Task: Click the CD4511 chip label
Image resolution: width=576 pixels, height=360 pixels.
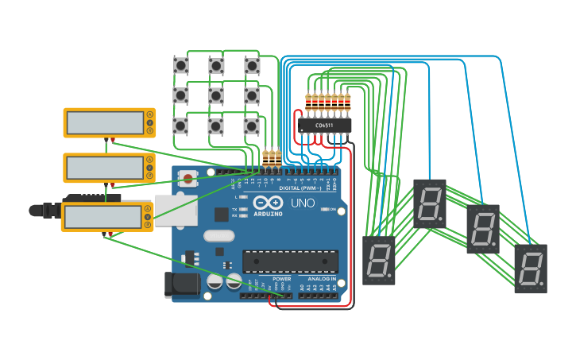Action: (325, 125)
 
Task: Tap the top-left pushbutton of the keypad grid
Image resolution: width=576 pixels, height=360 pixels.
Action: (181, 65)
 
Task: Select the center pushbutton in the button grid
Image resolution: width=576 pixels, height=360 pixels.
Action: (216, 95)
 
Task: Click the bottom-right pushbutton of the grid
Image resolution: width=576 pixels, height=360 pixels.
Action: (251, 126)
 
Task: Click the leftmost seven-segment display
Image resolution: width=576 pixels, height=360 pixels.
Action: (379, 259)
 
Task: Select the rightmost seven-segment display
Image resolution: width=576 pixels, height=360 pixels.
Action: (531, 268)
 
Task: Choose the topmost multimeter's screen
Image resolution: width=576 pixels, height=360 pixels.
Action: (104, 122)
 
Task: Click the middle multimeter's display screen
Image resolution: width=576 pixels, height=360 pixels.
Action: (104, 167)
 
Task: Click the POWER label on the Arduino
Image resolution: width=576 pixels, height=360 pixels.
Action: (281, 279)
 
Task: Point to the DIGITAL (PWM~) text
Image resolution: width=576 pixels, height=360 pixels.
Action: (300, 188)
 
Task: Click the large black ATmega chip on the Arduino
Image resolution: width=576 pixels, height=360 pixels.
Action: (290, 261)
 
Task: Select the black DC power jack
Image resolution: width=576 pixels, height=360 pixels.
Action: (181, 285)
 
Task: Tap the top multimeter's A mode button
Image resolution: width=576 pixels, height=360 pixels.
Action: (149, 114)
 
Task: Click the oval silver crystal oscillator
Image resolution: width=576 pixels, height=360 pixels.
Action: (218, 235)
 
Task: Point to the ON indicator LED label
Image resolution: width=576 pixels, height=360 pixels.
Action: (333, 209)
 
